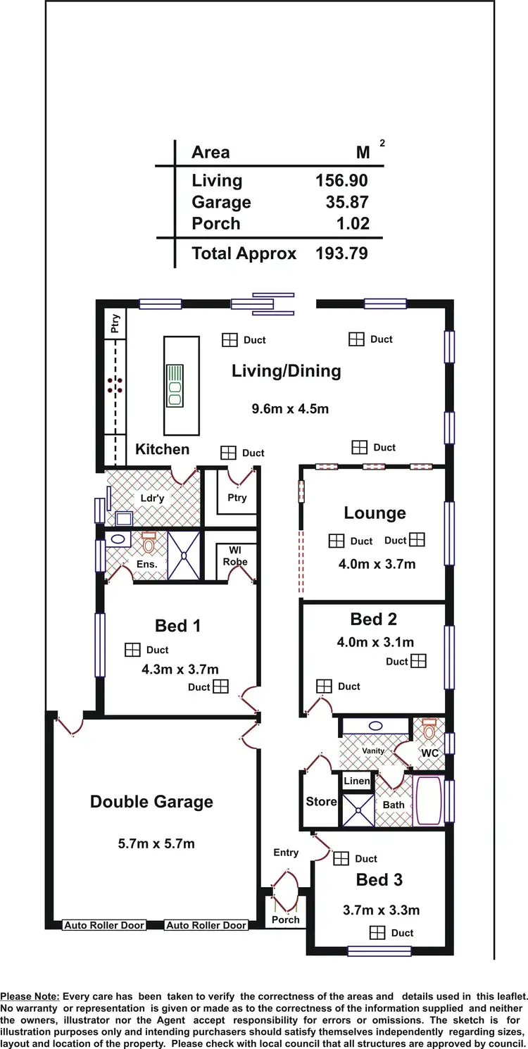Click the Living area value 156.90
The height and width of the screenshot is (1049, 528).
click(x=341, y=181)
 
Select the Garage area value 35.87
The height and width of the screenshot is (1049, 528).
click(x=346, y=203)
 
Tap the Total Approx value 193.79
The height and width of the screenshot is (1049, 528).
click(x=341, y=253)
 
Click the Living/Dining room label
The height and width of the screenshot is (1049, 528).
click(x=286, y=371)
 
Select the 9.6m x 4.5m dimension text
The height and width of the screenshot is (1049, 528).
click(x=291, y=408)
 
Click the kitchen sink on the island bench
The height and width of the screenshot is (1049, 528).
click(x=173, y=385)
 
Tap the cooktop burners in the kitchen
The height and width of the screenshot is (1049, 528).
click(x=115, y=384)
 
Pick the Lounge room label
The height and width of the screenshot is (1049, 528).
click(x=375, y=513)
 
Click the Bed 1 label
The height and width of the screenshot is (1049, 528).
click(x=177, y=626)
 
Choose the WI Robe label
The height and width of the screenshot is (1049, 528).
click(x=236, y=555)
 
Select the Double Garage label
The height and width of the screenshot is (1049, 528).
click(x=151, y=802)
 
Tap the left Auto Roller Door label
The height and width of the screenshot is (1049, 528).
click(x=104, y=925)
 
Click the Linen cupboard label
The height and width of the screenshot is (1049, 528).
click(x=357, y=781)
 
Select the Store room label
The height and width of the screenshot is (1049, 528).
click(x=321, y=801)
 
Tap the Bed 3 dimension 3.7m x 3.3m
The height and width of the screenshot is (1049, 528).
click(x=381, y=910)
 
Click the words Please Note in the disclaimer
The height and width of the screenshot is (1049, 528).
click(x=30, y=996)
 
